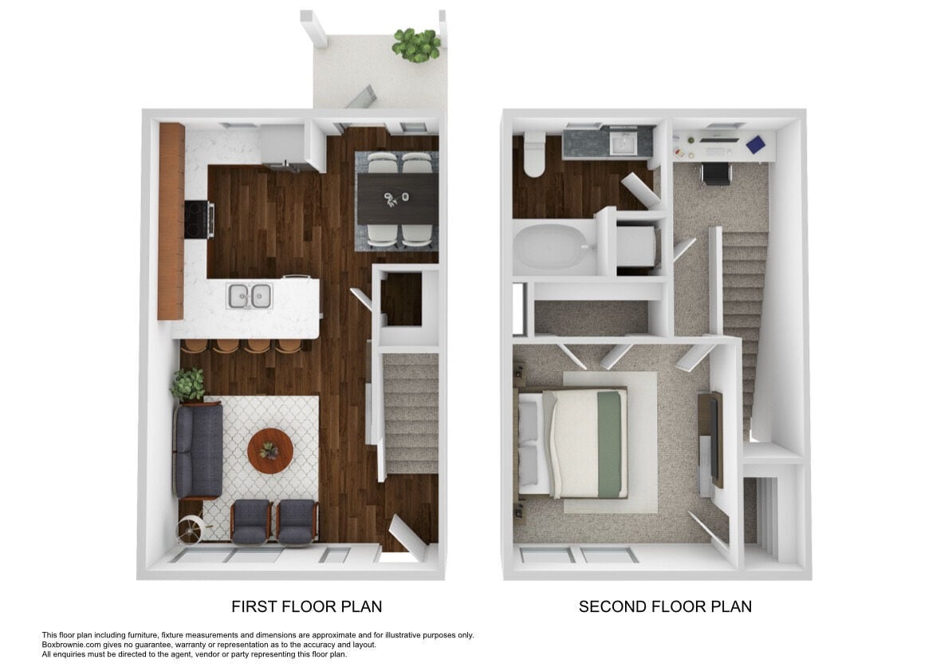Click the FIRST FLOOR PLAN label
coord(306,606)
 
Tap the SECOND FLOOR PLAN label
coord(665,606)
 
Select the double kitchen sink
coord(249,296)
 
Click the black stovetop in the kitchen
coord(197,219)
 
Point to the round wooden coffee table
coord(270,451)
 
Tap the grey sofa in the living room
coord(197,451)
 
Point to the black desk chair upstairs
coord(715,173)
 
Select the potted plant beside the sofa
coord(187,385)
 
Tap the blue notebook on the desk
coord(760,144)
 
